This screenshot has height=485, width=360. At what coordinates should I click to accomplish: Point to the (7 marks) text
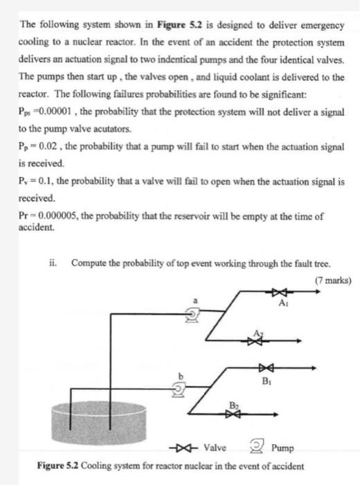pos(332,281)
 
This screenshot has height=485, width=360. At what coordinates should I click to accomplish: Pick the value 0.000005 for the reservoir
pos(56,216)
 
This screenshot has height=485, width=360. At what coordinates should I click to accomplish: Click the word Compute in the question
pos(89,263)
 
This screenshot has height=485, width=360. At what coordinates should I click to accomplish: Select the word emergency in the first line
pos(319,25)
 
